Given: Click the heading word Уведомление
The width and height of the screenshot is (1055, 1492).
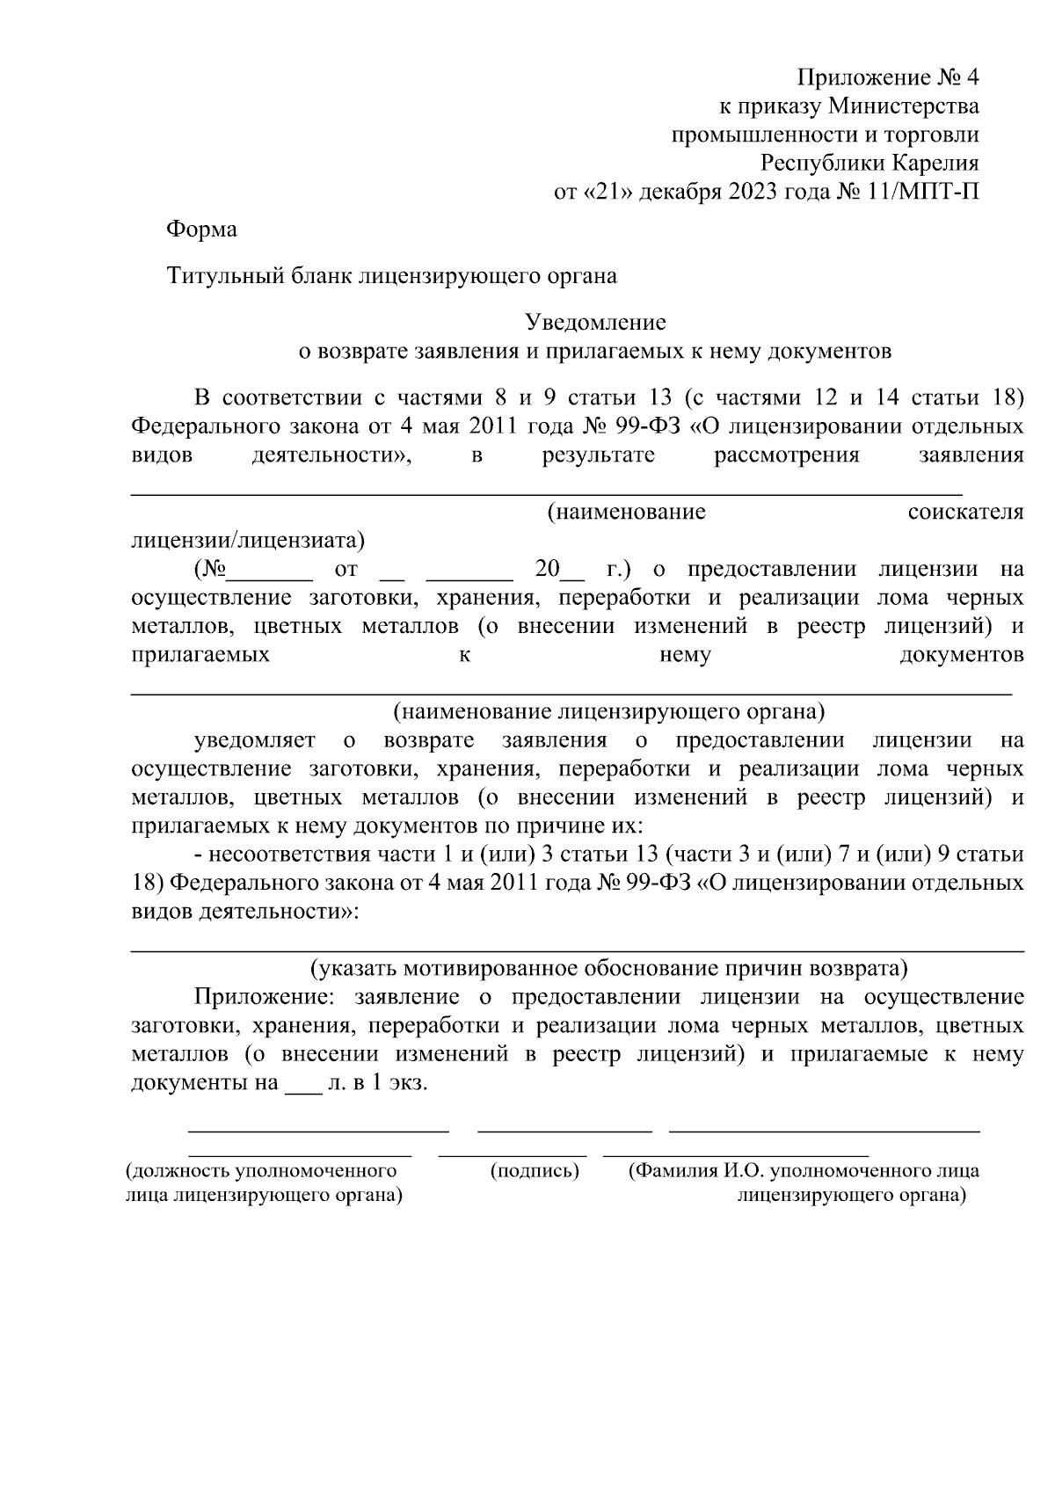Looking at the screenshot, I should tap(595, 323).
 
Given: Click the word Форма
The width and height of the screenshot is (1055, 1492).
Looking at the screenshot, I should tap(201, 230).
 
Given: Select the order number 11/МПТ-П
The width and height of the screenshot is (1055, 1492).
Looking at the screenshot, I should tap(922, 191).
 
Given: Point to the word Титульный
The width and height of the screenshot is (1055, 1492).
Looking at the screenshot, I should tap(224, 276).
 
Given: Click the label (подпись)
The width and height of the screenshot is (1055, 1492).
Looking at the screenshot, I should tap(535, 1171).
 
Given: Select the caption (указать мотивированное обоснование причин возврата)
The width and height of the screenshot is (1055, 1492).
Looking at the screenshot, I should tap(608, 969).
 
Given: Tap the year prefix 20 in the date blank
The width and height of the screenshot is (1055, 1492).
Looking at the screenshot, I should tap(547, 569).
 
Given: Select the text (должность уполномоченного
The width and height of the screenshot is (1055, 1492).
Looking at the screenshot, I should tap(261, 1171).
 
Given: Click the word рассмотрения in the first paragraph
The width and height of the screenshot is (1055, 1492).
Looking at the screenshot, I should tap(786, 455).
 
